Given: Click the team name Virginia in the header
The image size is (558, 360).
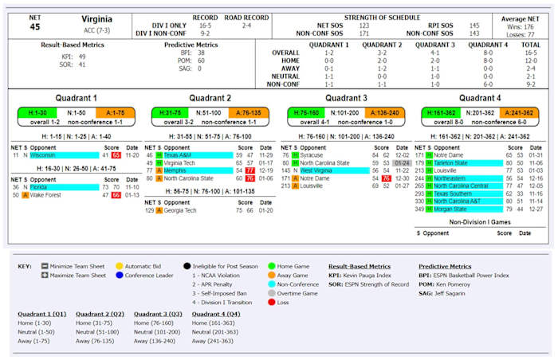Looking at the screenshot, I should point(96,18).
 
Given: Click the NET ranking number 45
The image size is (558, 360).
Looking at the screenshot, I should point(34,26).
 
